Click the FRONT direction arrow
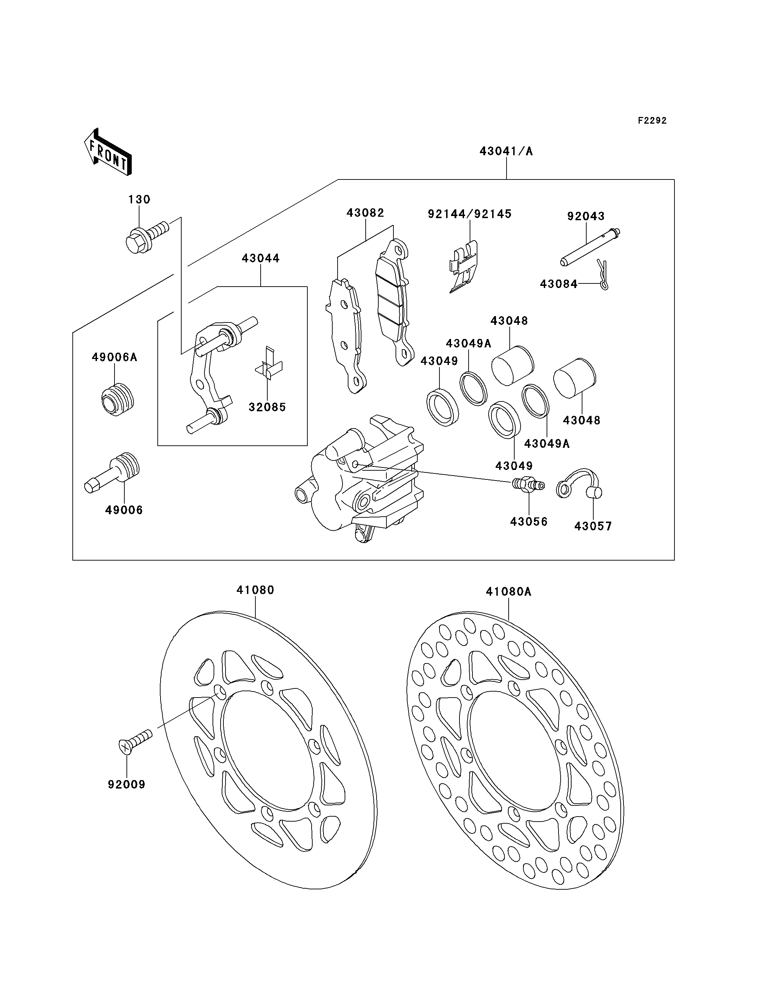point(108,152)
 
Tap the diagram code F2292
point(652,120)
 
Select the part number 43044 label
point(261,259)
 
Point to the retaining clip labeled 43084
point(603,275)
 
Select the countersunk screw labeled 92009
point(136,741)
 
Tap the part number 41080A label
point(509,592)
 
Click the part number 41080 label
point(255,590)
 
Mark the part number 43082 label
point(365,213)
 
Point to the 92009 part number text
point(126,785)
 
